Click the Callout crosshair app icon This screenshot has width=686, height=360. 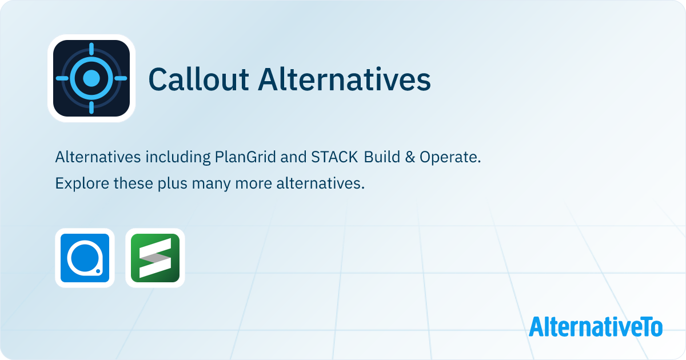(x=91, y=78)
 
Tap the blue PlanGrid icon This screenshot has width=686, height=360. (x=85, y=258)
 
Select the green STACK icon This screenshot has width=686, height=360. (x=155, y=258)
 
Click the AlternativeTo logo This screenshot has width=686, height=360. (x=596, y=326)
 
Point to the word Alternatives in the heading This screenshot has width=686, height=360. (x=345, y=79)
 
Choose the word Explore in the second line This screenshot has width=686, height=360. (x=76, y=184)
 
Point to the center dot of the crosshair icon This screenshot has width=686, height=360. (x=91, y=78)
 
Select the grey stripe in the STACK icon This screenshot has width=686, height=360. (x=155, y=258)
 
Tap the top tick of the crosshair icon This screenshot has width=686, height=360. (x=91, y=49)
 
